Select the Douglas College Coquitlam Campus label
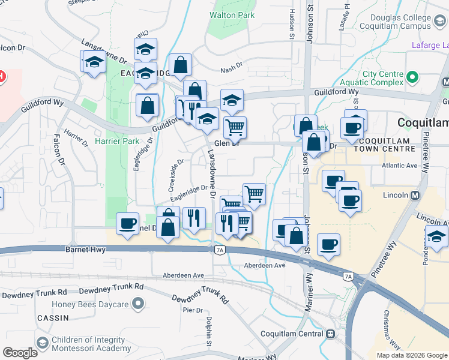pyautogui.click(x=396, y=22)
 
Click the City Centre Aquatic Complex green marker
pyautogui.click(x=412, y=77)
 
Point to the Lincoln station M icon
pyautogui.click(x=415, y=195)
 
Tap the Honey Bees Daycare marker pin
pyautogui.click(x=138, y=304)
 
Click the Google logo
pyautogui.click(x=20, y=353)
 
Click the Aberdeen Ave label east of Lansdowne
pyautogui.click(x=265, y=265)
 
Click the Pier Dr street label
pyautogui.click(x=193, y=310)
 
